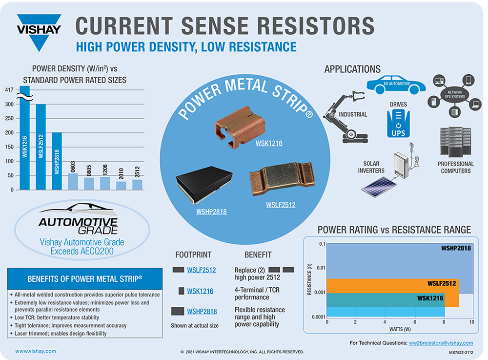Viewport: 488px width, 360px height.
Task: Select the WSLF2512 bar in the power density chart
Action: (41, 147)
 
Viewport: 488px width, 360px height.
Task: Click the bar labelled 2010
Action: (122, 185)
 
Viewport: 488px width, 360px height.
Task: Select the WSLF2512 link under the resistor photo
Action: (280, 205)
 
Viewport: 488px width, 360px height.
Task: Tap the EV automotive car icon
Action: (395, 84)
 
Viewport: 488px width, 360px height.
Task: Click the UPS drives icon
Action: (398, 123)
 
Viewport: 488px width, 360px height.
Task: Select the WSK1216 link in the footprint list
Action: (200, 291)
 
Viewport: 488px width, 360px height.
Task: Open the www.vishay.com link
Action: (36, 351)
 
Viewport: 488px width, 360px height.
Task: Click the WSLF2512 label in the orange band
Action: (442, 283)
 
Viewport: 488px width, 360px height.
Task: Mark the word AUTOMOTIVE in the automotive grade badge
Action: (79, 222)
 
